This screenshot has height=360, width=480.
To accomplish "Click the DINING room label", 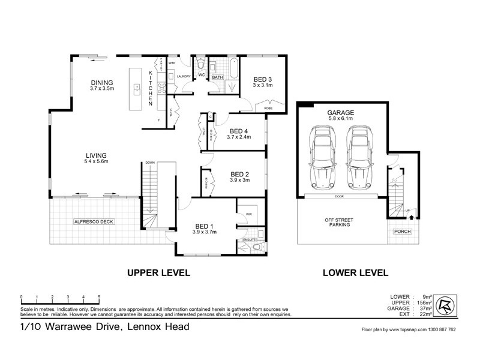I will pyautogui.click(x=102, y=83).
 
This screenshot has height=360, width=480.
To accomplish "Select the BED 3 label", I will pyautogui.click(x=263, y=79).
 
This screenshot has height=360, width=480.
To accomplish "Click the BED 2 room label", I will pyautogui.click(x=240, y=176).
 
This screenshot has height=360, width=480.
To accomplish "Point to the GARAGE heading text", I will pyautogui.click(x=340, y=112).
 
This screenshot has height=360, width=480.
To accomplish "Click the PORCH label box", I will pyautogui.click(x=401, y=232).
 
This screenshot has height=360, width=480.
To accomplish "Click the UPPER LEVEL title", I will pyautogui.click(x=158, y=272).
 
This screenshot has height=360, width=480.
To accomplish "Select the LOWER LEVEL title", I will pyautogui.click(x=355, y=272).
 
